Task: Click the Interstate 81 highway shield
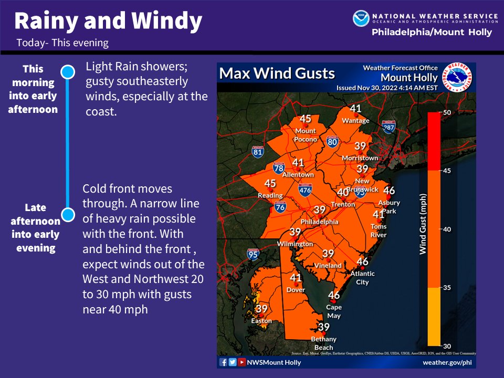pos(257,153)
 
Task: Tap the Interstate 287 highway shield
pos(388,128)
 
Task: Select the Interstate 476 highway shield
pos(305,190)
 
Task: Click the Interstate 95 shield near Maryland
pos(253,255)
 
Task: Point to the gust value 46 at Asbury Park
pos(389,191)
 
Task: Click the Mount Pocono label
pos(306,135)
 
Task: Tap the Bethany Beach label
pos(324,343)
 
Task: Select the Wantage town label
pos(355,121)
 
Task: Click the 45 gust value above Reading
pos(270,183)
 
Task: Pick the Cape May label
pos(334,311)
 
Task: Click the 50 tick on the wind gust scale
pos(447,112)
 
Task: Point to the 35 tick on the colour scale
pos(447,287)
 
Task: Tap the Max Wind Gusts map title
pos(277,73)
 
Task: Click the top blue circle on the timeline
pos(67,72)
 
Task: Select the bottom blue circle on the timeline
pos(67,214)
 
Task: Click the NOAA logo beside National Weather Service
pos(361,18)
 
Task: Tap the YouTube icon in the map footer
pos(241,362)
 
